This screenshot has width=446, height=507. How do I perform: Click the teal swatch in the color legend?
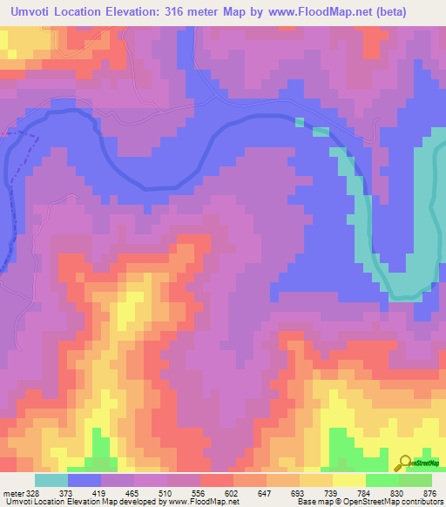[x=51, y=481]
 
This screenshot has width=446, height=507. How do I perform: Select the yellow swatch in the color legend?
[x=349, y=481]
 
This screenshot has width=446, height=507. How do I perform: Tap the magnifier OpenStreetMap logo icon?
[x=404, y=463]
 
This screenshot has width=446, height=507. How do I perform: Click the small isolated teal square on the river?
[x=300, y=122]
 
